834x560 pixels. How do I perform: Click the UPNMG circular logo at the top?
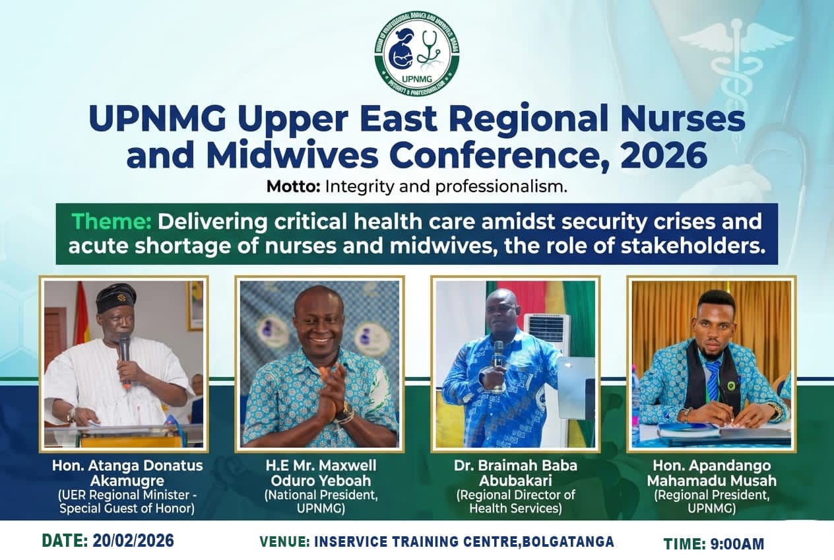point(417,53)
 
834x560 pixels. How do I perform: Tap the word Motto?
point(293,187)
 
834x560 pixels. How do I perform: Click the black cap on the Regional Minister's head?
point(115,298)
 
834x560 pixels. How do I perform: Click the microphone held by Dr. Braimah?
point(499,353)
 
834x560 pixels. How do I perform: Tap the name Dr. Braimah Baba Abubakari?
point(515,472)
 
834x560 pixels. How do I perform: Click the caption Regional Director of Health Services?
point(515,501)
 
